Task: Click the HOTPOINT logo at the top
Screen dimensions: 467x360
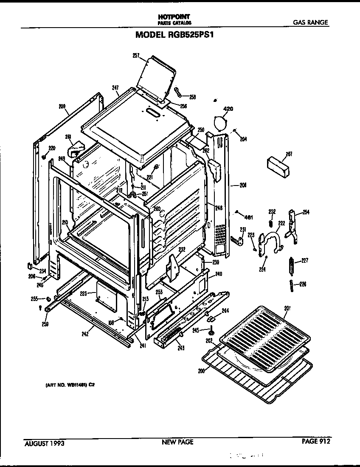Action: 174,17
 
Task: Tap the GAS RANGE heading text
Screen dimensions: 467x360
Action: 311,23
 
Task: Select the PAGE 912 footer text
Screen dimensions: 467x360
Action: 315,442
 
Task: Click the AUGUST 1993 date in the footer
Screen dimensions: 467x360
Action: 44,443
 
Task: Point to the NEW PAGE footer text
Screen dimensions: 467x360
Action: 177,442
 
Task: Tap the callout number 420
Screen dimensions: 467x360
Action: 228,110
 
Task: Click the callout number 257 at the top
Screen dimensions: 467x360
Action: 136,55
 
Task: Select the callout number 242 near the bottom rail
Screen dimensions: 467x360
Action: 85,334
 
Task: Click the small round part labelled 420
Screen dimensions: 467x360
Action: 220,122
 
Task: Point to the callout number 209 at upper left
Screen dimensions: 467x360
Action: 62,107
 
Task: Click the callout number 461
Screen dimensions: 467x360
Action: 249,218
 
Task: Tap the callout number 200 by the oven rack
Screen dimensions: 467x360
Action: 201,371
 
